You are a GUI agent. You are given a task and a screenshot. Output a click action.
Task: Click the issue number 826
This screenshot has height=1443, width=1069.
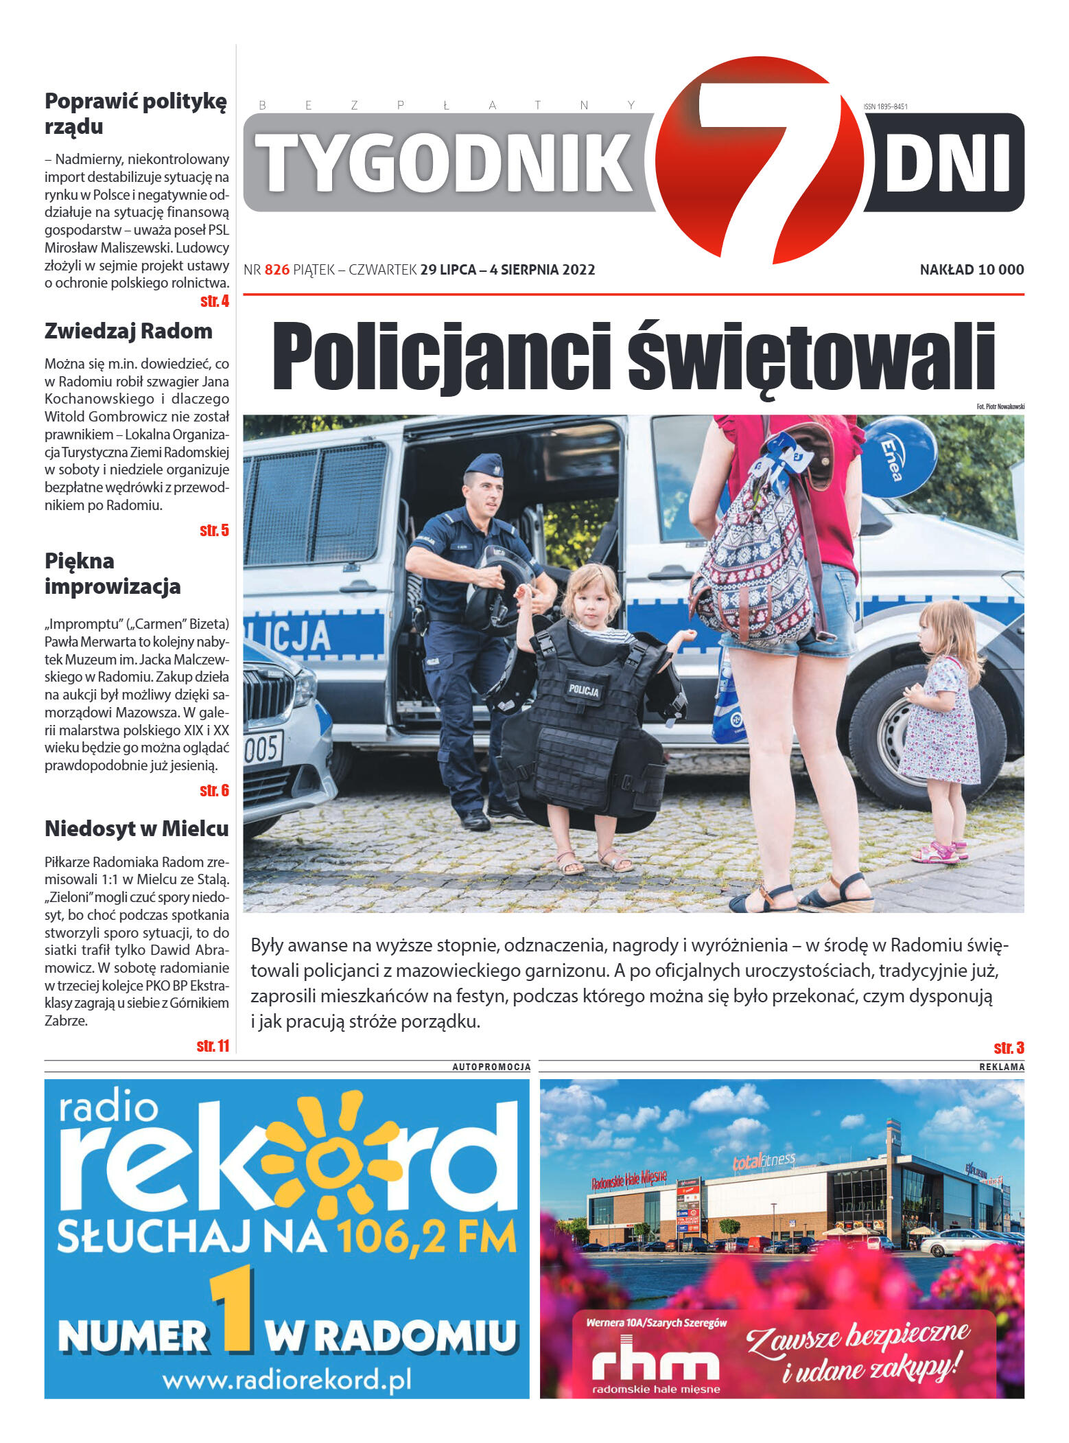coord(277,270)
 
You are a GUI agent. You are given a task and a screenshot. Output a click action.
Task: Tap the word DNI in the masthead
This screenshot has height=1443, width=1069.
coord(948,163)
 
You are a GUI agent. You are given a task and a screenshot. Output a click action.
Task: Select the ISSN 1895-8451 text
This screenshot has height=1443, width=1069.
coord(885,106)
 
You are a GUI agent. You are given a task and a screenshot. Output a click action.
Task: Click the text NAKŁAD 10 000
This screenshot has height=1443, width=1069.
coord(972,270)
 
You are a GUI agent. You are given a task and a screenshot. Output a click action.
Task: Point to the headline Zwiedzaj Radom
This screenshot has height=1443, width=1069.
coord(128,331)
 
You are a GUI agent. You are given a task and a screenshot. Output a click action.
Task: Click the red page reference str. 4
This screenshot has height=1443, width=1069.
coord(214,301)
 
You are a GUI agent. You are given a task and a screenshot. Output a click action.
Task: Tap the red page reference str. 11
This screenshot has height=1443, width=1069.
coord(213,1046)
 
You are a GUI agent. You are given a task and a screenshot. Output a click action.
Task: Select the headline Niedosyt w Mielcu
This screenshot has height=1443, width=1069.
coord(137,829)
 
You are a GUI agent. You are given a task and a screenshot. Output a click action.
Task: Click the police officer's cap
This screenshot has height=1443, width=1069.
coord(484,465)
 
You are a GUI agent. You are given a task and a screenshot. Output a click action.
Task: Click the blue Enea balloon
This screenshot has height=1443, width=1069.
coord(898,456)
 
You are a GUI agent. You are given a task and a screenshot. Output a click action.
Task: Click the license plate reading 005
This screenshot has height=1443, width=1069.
coord(262,749)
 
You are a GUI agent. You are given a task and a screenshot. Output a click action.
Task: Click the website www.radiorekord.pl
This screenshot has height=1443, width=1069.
coord(287,1379)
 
